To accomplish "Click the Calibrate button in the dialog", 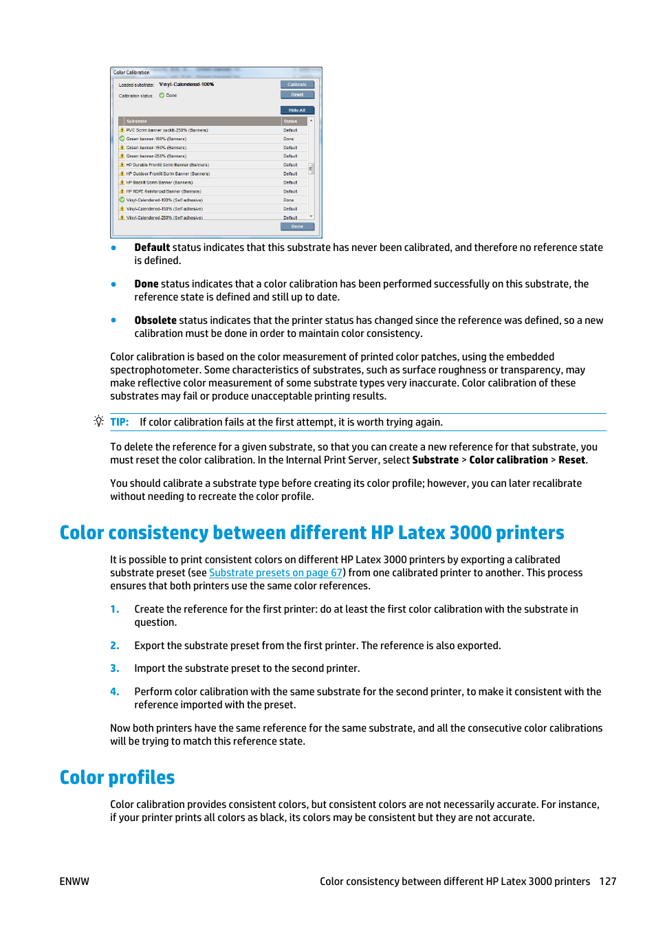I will pos(297,85).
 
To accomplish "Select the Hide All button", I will pos(297,110).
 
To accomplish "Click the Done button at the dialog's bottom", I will pos(297,226).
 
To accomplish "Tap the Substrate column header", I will pos(137,121).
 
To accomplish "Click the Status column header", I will pos(291,121).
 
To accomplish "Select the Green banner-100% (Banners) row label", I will pos(156,139).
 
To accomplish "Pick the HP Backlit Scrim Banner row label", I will pos(160,183).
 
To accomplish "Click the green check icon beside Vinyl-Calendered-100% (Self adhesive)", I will pos(122,200).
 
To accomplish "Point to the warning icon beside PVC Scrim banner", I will pos(122,130).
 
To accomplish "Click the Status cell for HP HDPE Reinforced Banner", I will pos(290,192).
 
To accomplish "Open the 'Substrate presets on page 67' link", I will pos(276,573).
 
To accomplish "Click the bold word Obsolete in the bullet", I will pos(155,320).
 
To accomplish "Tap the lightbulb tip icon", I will pos(99,421).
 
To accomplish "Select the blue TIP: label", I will pos(120,422).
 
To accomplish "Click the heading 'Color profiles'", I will pos(117,777).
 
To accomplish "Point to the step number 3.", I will pos(115,668).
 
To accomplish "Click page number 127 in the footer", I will pos(607,882).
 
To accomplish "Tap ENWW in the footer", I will pos(74,882).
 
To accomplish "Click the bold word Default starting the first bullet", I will pos(152,248).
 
